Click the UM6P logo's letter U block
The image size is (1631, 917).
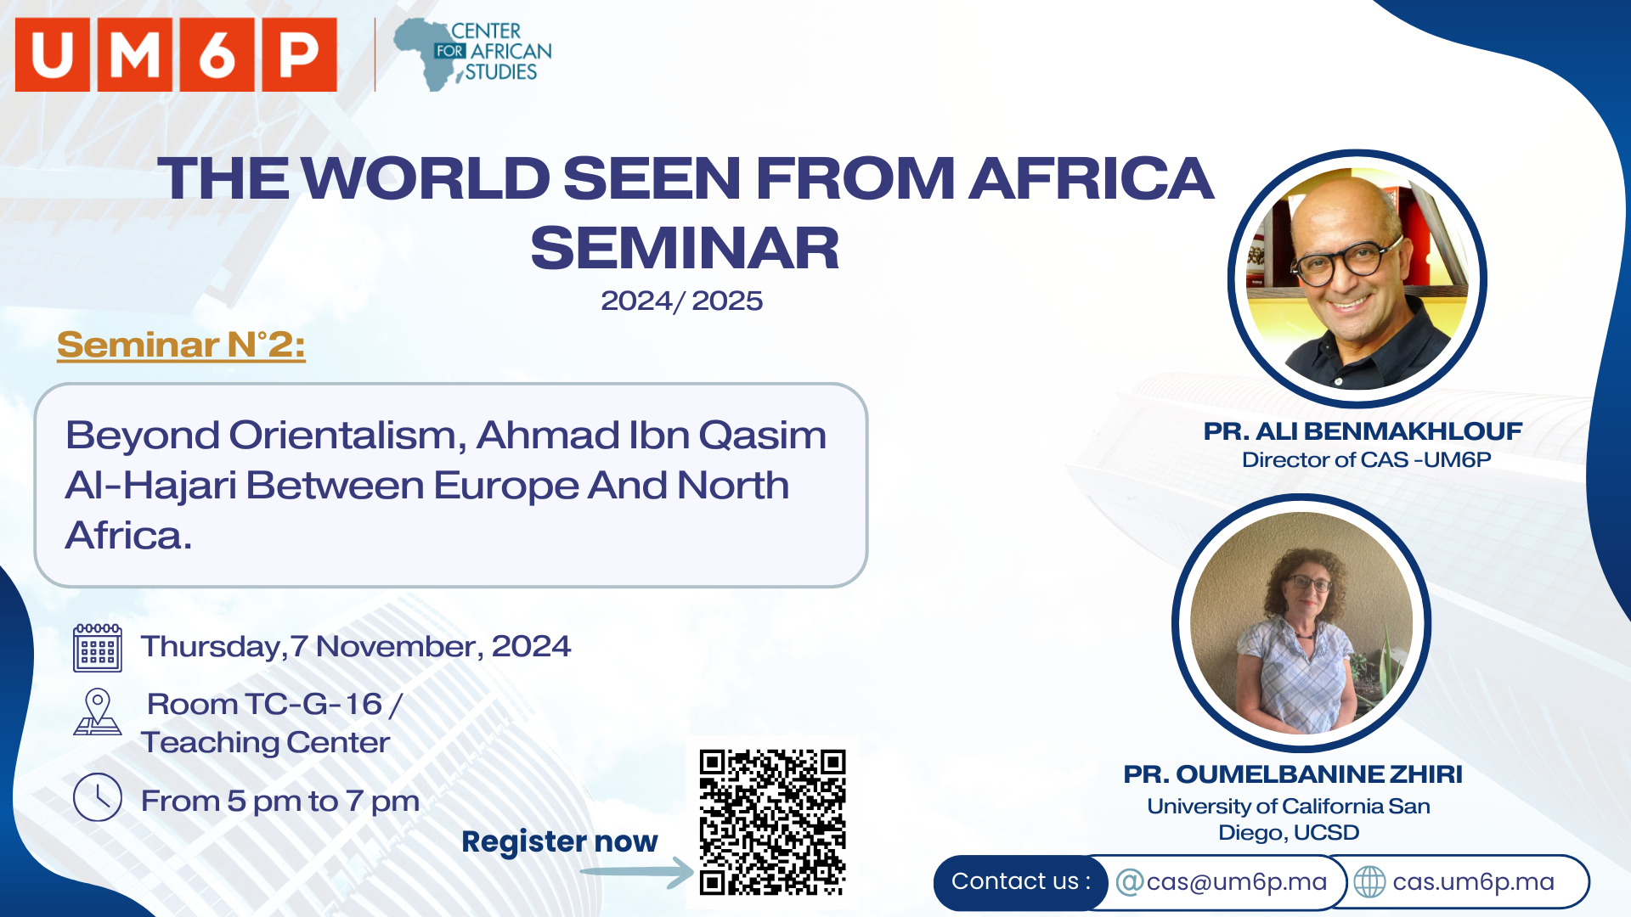tap(53, 55)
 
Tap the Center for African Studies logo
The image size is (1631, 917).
tap(472, 54)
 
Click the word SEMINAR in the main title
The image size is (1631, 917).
tap(685, 248)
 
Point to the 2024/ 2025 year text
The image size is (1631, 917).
tap(681, 301)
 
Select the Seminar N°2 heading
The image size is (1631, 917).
tap(181, 345)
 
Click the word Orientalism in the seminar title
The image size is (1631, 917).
tap(347, 436)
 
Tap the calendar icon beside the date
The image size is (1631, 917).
tap(98, 648)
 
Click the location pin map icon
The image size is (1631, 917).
tap(98, 712)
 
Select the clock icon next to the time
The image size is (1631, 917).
tap(98, 797)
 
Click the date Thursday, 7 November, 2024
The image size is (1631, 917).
tap(356, 647)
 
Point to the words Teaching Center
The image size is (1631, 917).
tap(265, 743)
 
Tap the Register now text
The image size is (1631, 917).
tap(560, 841)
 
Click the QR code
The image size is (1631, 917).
tap(772, 822)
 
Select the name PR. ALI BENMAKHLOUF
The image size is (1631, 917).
tap(1363, 431)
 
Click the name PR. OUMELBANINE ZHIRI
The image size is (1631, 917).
tap(1293, 774)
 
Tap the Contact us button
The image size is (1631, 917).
tap(1021, 882)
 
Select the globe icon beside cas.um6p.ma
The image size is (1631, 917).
tap(1369, 882)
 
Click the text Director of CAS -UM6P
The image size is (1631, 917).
tap(1366, 460)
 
